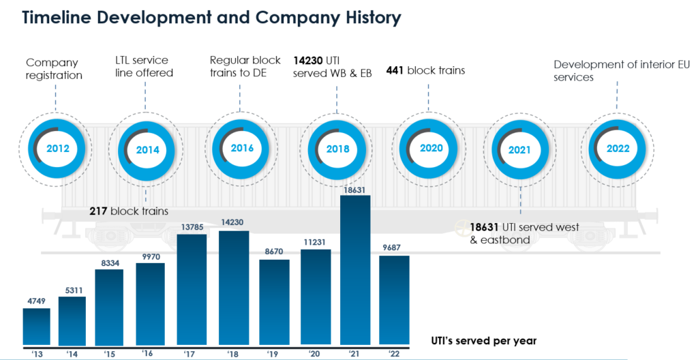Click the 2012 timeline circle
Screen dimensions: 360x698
tap(58, 148)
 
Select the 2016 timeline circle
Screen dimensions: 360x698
tap(242, 148)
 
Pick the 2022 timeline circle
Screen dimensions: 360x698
tap(618, 148)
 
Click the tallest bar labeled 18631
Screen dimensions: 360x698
tap(355, 269)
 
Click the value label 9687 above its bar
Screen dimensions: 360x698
tap(393, 250)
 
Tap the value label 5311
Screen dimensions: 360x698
tap(72, 290)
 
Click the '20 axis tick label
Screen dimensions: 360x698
tap(314, 352)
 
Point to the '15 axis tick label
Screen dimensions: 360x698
tap(109, 352)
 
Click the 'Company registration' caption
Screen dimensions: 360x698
tap(54, 69)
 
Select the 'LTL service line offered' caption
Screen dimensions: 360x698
tap(144, 67)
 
